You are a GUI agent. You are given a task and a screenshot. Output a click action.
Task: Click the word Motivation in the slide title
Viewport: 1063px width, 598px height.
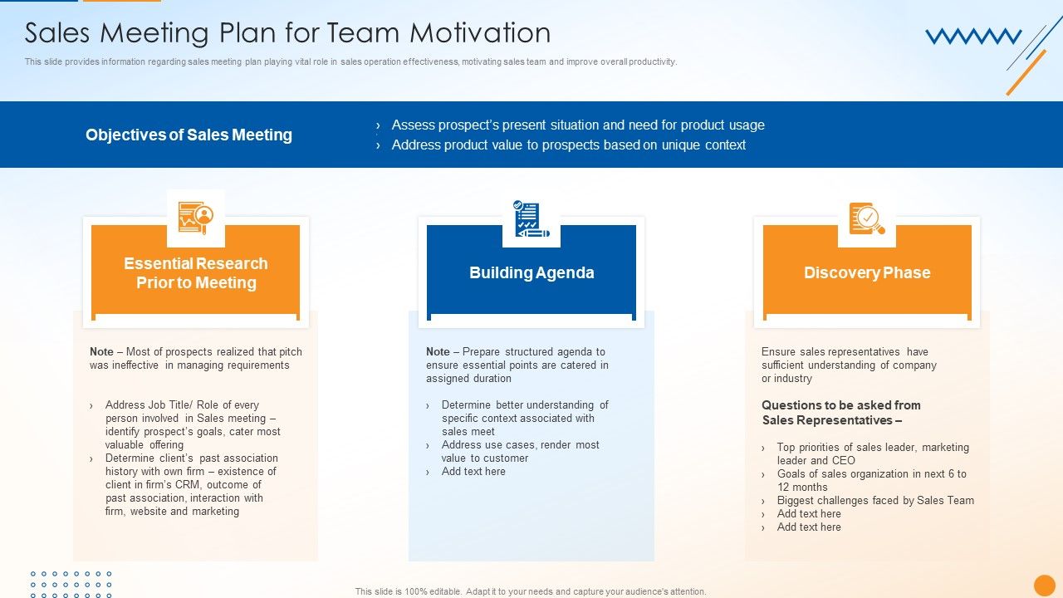pos(480,32)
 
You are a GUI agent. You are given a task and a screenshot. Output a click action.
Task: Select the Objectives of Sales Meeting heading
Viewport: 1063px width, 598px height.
pos(189,135)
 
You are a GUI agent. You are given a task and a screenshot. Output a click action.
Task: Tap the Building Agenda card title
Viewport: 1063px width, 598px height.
pos(531,272)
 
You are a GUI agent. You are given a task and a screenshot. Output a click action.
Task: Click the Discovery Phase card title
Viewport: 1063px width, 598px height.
pos(867,272)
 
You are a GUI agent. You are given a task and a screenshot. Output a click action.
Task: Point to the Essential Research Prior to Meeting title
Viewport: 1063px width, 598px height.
pos(196,273)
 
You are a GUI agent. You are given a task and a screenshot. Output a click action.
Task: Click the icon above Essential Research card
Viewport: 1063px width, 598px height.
pos(195,218)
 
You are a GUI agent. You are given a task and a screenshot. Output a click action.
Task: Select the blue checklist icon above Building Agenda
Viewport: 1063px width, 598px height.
pos(531,218)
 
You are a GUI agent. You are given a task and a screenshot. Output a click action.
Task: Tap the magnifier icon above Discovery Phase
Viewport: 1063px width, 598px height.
pos(867,218)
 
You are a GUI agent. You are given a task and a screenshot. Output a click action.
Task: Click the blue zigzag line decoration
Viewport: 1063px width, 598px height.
pos(973,37)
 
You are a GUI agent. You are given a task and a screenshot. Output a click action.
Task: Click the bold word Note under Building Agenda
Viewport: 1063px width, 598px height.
pos(438,351)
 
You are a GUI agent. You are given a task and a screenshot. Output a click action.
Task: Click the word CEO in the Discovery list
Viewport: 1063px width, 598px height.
pos(844,460)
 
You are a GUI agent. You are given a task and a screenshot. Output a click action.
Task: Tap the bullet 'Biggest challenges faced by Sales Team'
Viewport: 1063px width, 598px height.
pos(875,500)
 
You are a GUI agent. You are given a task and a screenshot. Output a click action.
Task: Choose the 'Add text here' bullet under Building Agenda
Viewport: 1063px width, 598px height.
pos(473,471)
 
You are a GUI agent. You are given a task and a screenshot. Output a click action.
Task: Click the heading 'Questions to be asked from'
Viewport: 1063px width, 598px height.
pos(841,405)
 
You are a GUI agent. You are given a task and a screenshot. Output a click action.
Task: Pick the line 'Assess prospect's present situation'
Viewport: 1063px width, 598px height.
pos(578,125)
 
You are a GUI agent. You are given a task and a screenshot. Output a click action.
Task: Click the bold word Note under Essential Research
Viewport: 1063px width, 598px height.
pos(101,351)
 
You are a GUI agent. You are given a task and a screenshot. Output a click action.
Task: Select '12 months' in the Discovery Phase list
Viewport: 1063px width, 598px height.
pos(802,487)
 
